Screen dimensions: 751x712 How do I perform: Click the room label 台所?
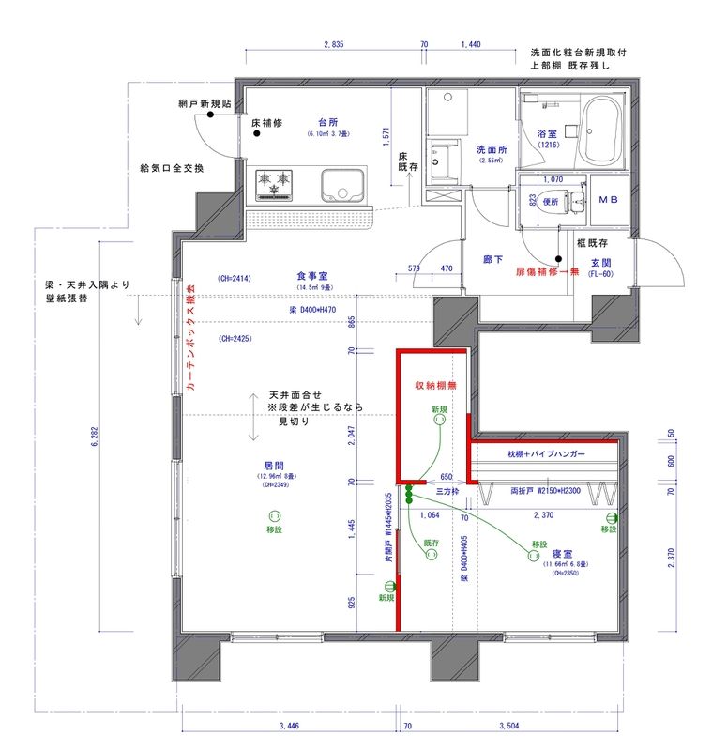pyautogui.click(x=327, y=124)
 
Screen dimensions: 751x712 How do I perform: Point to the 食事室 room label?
pyautogui.click(x=311, y=276)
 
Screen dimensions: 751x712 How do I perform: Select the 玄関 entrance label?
pyautogui.click(x=601, y=262)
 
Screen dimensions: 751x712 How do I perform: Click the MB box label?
pyautogui.click(x=608, y=200)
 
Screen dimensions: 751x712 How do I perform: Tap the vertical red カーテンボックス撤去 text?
pyautogui.click(x=191, y=338)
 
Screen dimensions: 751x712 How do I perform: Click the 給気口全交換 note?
pyautogui.click(x=172, y=168)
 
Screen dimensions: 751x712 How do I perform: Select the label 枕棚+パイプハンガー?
pyautogui.click(x=547, y=454)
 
